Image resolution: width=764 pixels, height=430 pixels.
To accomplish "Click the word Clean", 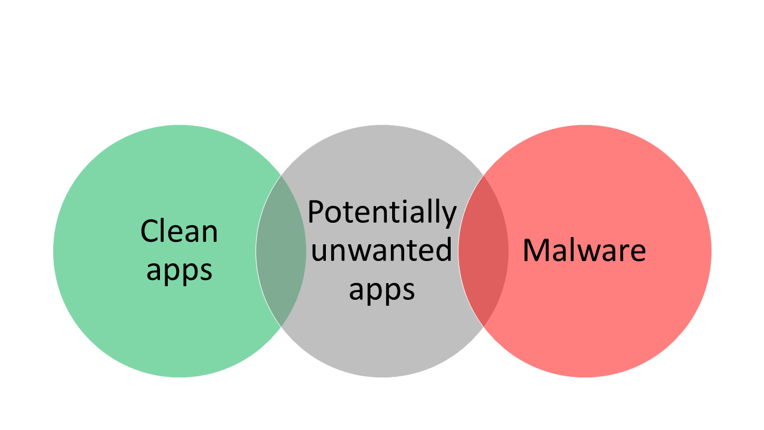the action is pyautogui.click(x=179, y=231).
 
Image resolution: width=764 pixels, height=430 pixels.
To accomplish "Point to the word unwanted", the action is pyautogui.click(x=381, y=250).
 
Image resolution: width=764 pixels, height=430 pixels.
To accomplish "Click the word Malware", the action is pyautogui.click(x=584, y=250).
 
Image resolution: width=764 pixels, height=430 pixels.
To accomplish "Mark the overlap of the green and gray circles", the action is pyautogui.click(x=281, y=251).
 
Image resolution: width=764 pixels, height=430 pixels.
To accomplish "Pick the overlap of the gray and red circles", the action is pyautogui.click(x=483, y=251).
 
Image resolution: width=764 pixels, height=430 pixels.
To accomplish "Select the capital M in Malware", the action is pyautogui.click(x=535, y=250).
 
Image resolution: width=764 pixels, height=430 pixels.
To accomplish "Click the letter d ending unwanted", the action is pyautogui.click(x=443, y=250).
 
